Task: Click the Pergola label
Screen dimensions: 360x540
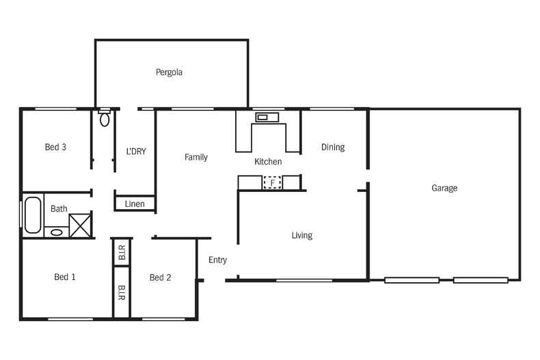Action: tap(169, 72)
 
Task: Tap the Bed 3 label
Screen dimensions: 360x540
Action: tap(55, 147)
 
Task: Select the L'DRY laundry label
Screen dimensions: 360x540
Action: tap(137, 151)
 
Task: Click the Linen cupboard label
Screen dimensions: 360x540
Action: tap(135, 204)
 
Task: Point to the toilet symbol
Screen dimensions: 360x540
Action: tap(105, 120)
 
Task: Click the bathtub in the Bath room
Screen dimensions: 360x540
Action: tap(32, 215)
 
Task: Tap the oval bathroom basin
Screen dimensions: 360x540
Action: tap(57, 232)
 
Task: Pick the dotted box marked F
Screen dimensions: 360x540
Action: tap(273, 182)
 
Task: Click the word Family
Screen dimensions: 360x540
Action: tap(196, 157)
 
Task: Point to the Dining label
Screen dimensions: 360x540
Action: tap(333, 147)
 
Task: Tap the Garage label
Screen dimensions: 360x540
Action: tap(444, 188)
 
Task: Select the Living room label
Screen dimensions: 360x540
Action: tap(301, 235)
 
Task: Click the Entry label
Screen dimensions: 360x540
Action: tap(217, 260)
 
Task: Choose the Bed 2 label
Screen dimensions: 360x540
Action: tap(160, 277)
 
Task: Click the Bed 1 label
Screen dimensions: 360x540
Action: tap(65, 277)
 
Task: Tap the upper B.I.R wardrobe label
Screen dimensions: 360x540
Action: tap(122, 254)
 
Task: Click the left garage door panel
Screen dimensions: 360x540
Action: tap(411, 279)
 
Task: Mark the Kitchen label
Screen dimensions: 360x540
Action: tap(268, 162)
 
